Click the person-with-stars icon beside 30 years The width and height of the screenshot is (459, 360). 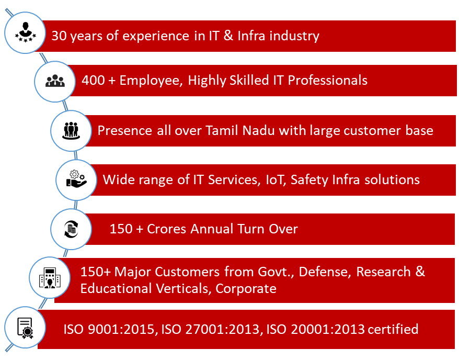click(x=26, y=32)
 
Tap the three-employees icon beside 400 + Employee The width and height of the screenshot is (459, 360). click(x=55, y=81)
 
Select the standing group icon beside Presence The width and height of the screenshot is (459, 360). click(x=71, y=131)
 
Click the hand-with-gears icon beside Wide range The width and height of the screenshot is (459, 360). click(x=76, y=178)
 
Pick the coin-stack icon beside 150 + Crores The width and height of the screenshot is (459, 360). click(x=71, y=229)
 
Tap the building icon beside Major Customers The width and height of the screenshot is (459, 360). click(x=50, y=278)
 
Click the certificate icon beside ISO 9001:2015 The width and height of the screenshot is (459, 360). click(x=25, y=328)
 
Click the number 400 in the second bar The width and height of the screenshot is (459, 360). click(x=93, y=80)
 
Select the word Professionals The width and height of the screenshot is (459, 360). click(x=327, y=80)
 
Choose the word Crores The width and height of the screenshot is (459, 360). click(x=166, y=229)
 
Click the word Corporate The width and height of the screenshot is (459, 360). click(x=246, y=289)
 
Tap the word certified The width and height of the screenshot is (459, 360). click(x=393, y=329)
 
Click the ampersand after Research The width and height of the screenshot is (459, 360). click(x=420, y=271)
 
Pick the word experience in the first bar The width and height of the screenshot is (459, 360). click(x=156, y=36)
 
